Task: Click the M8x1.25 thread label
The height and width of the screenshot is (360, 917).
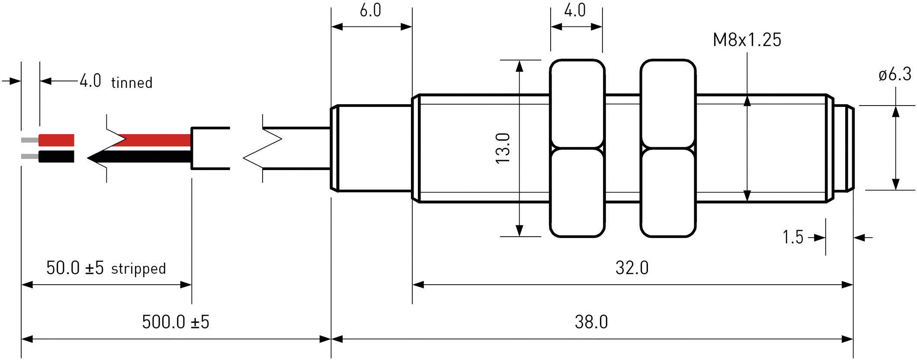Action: pos(747,40)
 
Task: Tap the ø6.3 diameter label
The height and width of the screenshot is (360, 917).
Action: pos(895,75)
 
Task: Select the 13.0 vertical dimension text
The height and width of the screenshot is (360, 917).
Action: pos(503,148)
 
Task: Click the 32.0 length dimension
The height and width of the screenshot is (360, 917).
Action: pos(632,268)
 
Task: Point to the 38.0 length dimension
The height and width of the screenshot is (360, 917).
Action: pos(591,322)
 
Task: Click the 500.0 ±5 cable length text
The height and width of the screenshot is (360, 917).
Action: pos(176,322)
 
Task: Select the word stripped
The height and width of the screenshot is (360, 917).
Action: pos(138,269)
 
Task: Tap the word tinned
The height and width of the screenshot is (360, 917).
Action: pos(132,83)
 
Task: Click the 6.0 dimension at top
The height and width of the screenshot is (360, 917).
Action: pos(370,10)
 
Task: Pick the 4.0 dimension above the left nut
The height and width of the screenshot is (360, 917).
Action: pos(575,10)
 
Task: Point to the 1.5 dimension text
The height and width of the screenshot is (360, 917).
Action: pos(792,238)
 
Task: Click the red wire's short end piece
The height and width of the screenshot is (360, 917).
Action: pos(56,140)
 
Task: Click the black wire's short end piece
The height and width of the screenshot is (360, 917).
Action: pos(56,156)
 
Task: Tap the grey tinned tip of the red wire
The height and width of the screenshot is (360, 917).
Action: pos(30,140)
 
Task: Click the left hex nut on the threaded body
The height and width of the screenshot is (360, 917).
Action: pos(577,148)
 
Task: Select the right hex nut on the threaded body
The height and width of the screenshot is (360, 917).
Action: pos(667,148)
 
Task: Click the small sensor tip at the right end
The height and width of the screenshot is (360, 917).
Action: pos(843,148)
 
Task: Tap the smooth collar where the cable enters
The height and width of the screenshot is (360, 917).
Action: pos(372,148)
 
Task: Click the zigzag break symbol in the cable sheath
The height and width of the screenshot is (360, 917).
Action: pos(263,148)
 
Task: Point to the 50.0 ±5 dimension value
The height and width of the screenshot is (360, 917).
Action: pos(75,268)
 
